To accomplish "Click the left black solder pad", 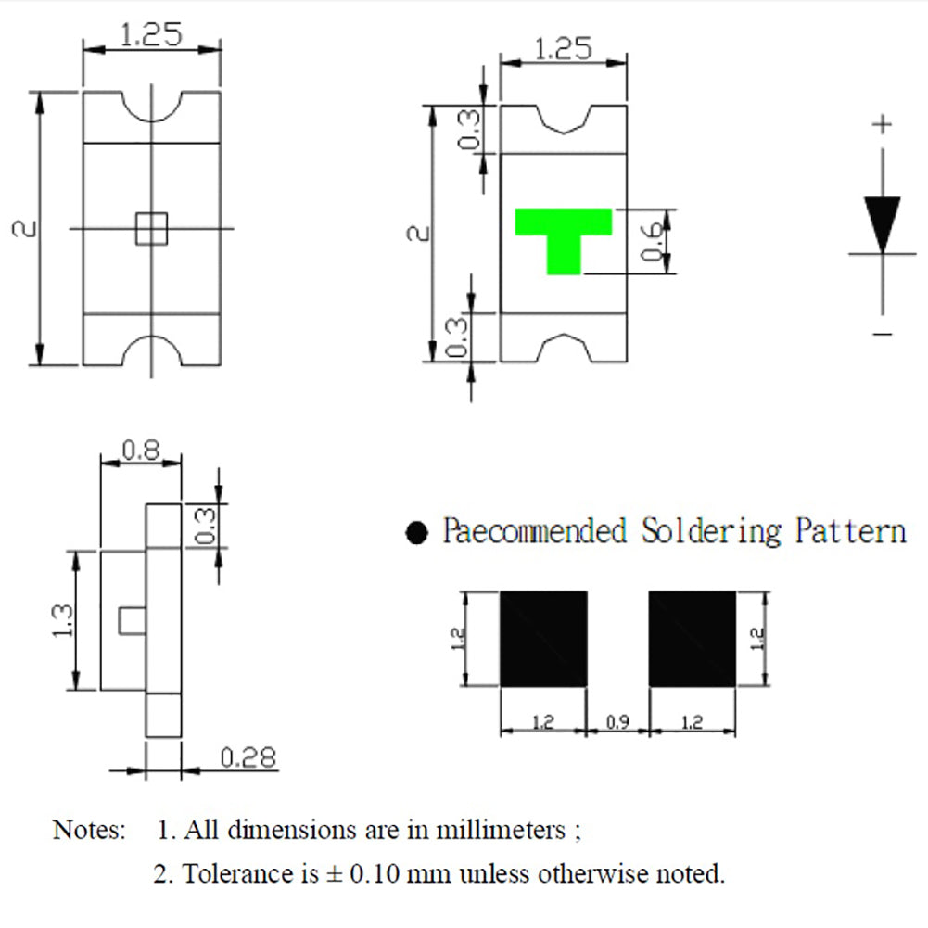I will [543, 639].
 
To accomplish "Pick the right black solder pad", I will [693, 639].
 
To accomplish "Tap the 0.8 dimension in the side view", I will [141, 451].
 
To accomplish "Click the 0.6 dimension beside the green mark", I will [652, 241].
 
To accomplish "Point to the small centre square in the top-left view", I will [150, 228].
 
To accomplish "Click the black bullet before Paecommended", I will [418, 533].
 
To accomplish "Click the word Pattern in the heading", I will [850, 531].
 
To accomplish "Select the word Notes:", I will [89, 829].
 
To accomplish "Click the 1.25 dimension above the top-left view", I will [151, 36].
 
